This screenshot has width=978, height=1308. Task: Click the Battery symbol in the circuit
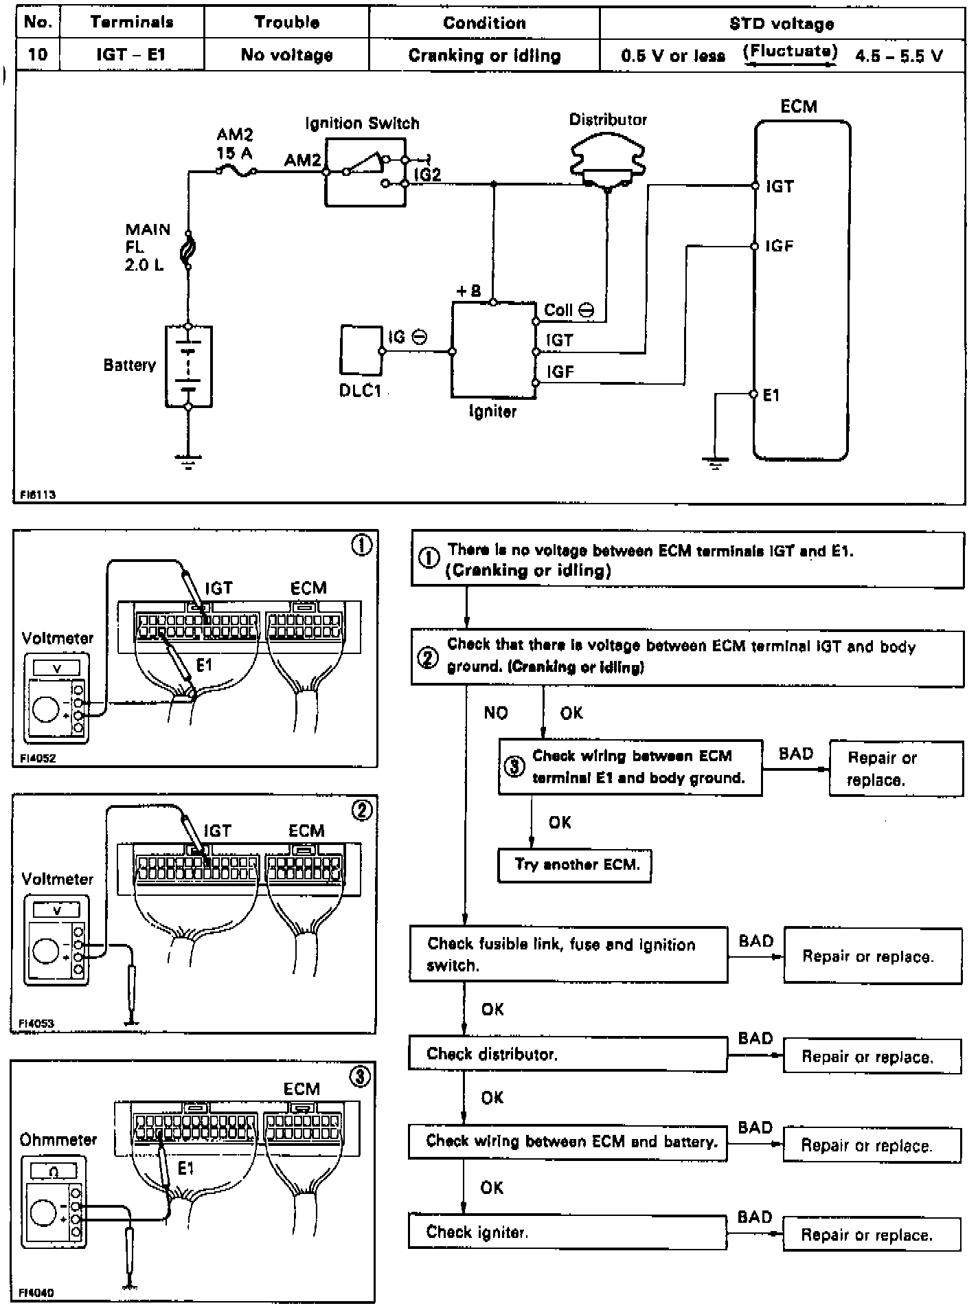tap(188, 366)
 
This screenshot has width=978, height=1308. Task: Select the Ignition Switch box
tap(365, 172)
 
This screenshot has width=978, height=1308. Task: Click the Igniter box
tap(493, 350)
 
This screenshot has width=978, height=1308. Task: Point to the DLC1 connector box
tap(360, 350)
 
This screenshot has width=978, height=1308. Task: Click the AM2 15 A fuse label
tap(235, 143)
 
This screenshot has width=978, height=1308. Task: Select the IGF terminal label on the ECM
tap(780, 246)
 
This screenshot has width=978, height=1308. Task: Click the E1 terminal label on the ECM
tap(771, 395)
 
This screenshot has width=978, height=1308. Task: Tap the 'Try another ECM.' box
tap(574, 865)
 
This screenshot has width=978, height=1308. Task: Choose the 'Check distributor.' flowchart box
tap(567, 1055)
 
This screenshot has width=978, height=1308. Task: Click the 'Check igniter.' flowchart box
tap(567, 1232)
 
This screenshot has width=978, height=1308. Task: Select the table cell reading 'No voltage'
tap(286, 55)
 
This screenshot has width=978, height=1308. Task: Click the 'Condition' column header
tap(484, 23)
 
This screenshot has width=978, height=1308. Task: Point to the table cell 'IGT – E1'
tap(131, 55)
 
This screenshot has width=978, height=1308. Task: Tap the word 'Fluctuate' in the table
tap(790, 52)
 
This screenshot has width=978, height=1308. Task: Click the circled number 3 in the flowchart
tap(514, 767)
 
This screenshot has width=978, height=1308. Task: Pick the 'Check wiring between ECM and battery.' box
tap(567, 1142)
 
